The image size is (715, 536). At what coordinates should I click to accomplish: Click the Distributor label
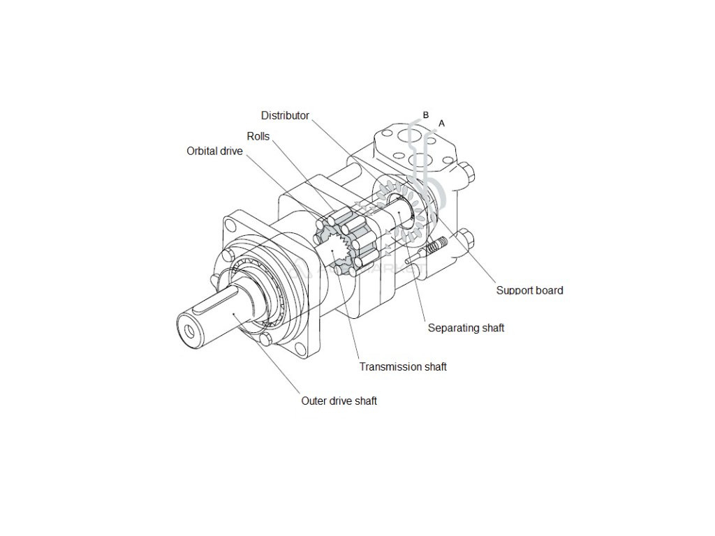pyautogui.click(x=285, y=116)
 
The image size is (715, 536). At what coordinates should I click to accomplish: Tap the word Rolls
pyautogui.click(x=258, y=137)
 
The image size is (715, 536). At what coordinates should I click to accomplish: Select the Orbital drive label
pyautogui.click(x=214, y=151)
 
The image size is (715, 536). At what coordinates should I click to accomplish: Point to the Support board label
pyautogui.click(x=529, y=290)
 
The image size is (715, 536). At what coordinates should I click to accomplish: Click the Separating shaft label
pyautogui.click(x=466, y=328)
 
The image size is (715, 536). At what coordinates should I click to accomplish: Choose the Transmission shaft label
pyautogui.click(x=403, y=366)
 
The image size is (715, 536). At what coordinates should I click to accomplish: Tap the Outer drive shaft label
pyautogui.click(x=339, y=401)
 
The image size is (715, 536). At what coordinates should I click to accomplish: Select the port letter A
pyautogui.click(x=441, y=124)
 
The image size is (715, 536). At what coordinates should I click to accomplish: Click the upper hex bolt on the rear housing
pyautogui.click(x=468, y=172)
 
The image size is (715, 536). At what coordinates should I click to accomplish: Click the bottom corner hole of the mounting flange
pyautogui.click(x=266, y=340)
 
